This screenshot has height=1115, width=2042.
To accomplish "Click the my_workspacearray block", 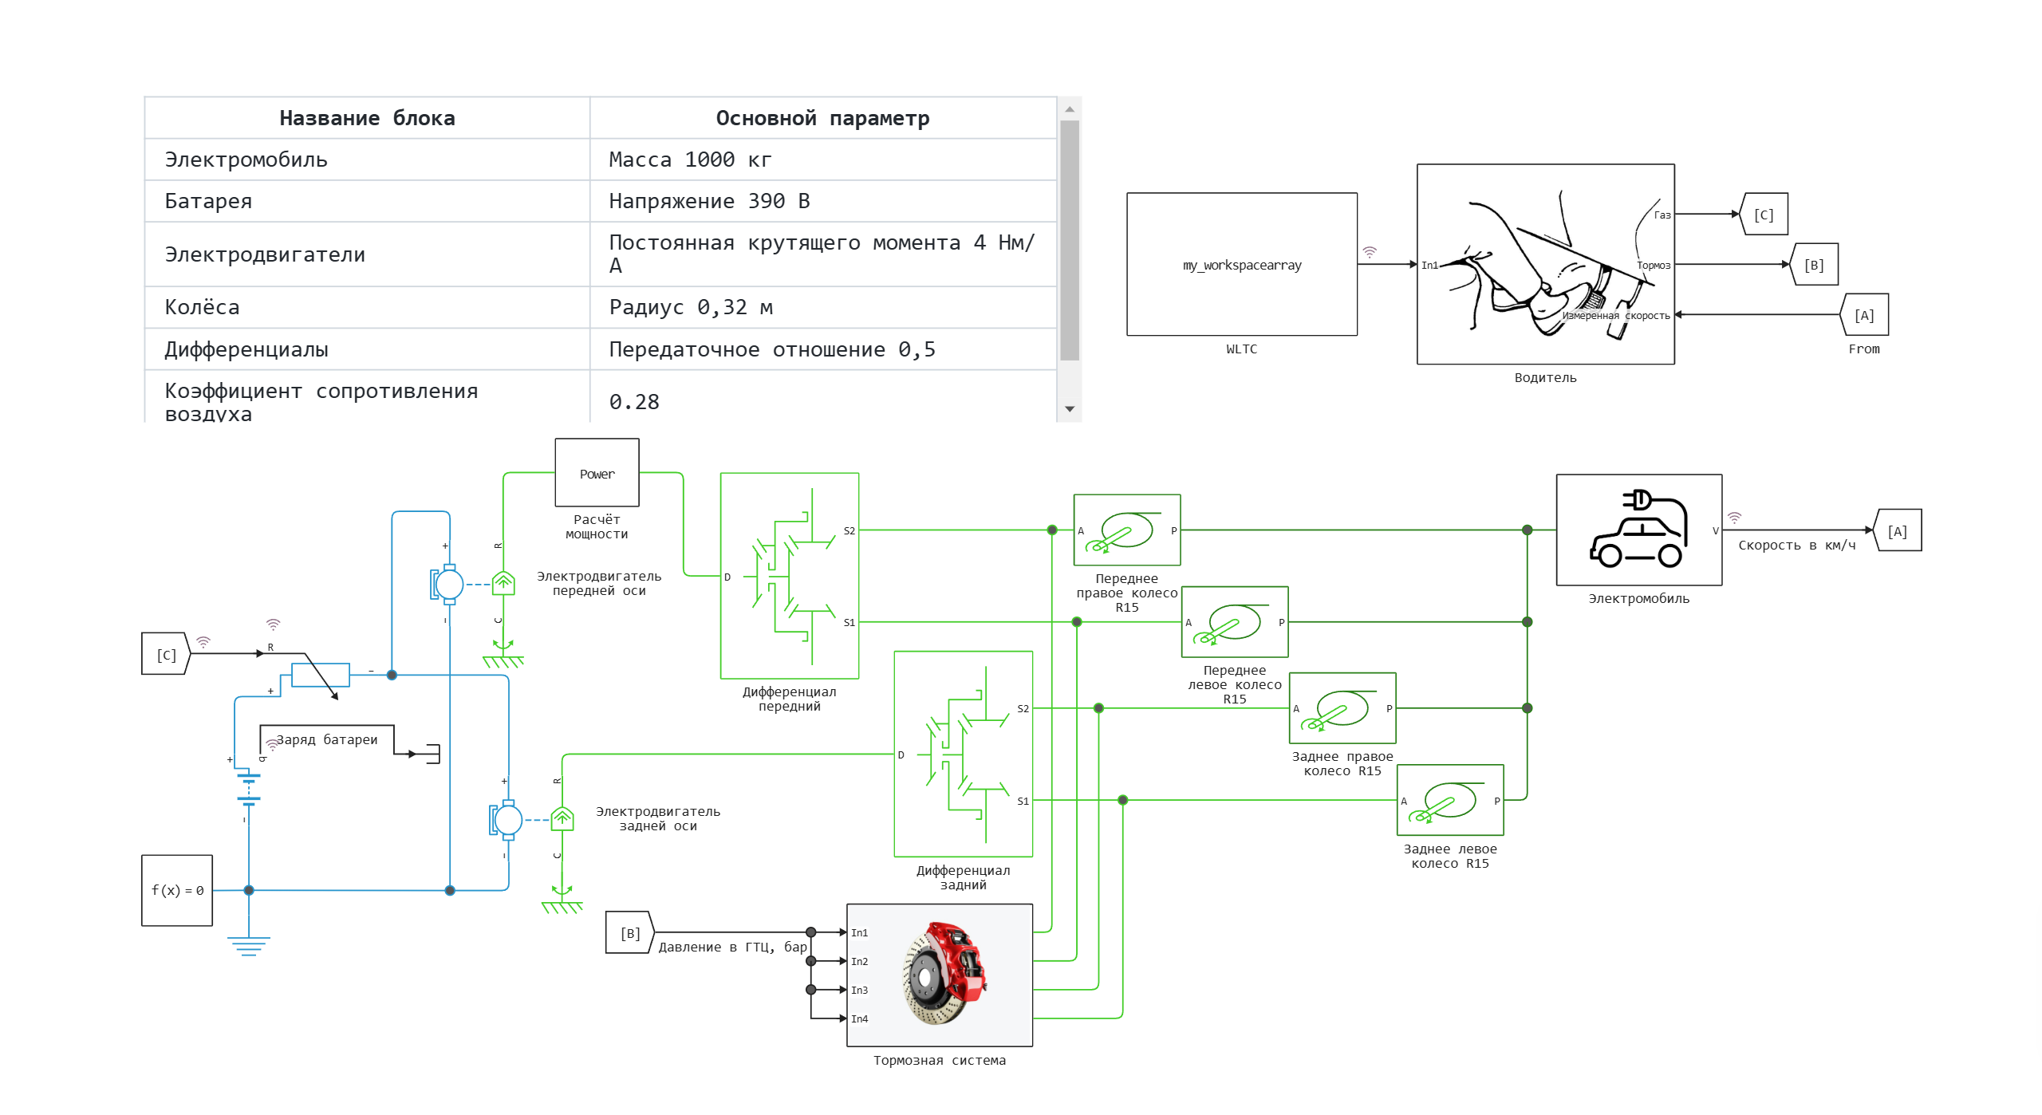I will pyautogui.click(x=1241, y=264).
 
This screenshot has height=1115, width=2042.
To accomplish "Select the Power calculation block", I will pyautogui.click(x=597, y=473).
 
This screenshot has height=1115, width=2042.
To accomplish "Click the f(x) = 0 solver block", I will pyautogui.click(x=177, y=890).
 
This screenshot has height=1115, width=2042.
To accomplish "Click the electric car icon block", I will pyautogui.click(x=1638, y=530).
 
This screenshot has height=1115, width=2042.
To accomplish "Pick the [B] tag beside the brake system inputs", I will pyautogui.click(x=630, y=932).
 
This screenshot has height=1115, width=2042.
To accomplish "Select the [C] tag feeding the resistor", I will pyautogui.click(x=166, y=654).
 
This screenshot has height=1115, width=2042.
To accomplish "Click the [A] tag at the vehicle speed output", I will pyautogui.click(x=1897, y=531).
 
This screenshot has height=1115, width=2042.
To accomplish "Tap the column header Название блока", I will pyautogui.click(x=367, y=118).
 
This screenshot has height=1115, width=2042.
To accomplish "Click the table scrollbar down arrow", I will pyautogui.click(x=1070, y=409).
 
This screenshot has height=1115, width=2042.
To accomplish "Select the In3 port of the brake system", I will pyautogui.click(x=858, y=990).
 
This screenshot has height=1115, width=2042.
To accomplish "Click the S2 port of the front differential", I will pyautogui.click(x=850, y=530).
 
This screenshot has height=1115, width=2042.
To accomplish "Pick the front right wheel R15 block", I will pyautogui.click(x=1126, y=530).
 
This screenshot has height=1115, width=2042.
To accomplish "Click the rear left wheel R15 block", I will pyautogui.click(x=1449, y=800).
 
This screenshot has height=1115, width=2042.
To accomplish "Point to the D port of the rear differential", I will pyautogui.click(x=901, y=754).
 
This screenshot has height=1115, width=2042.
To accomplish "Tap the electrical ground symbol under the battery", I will pyautogui.click(x=248, y=946).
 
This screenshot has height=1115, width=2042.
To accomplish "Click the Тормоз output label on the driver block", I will pyautogui.click(x=1653, y=265).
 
